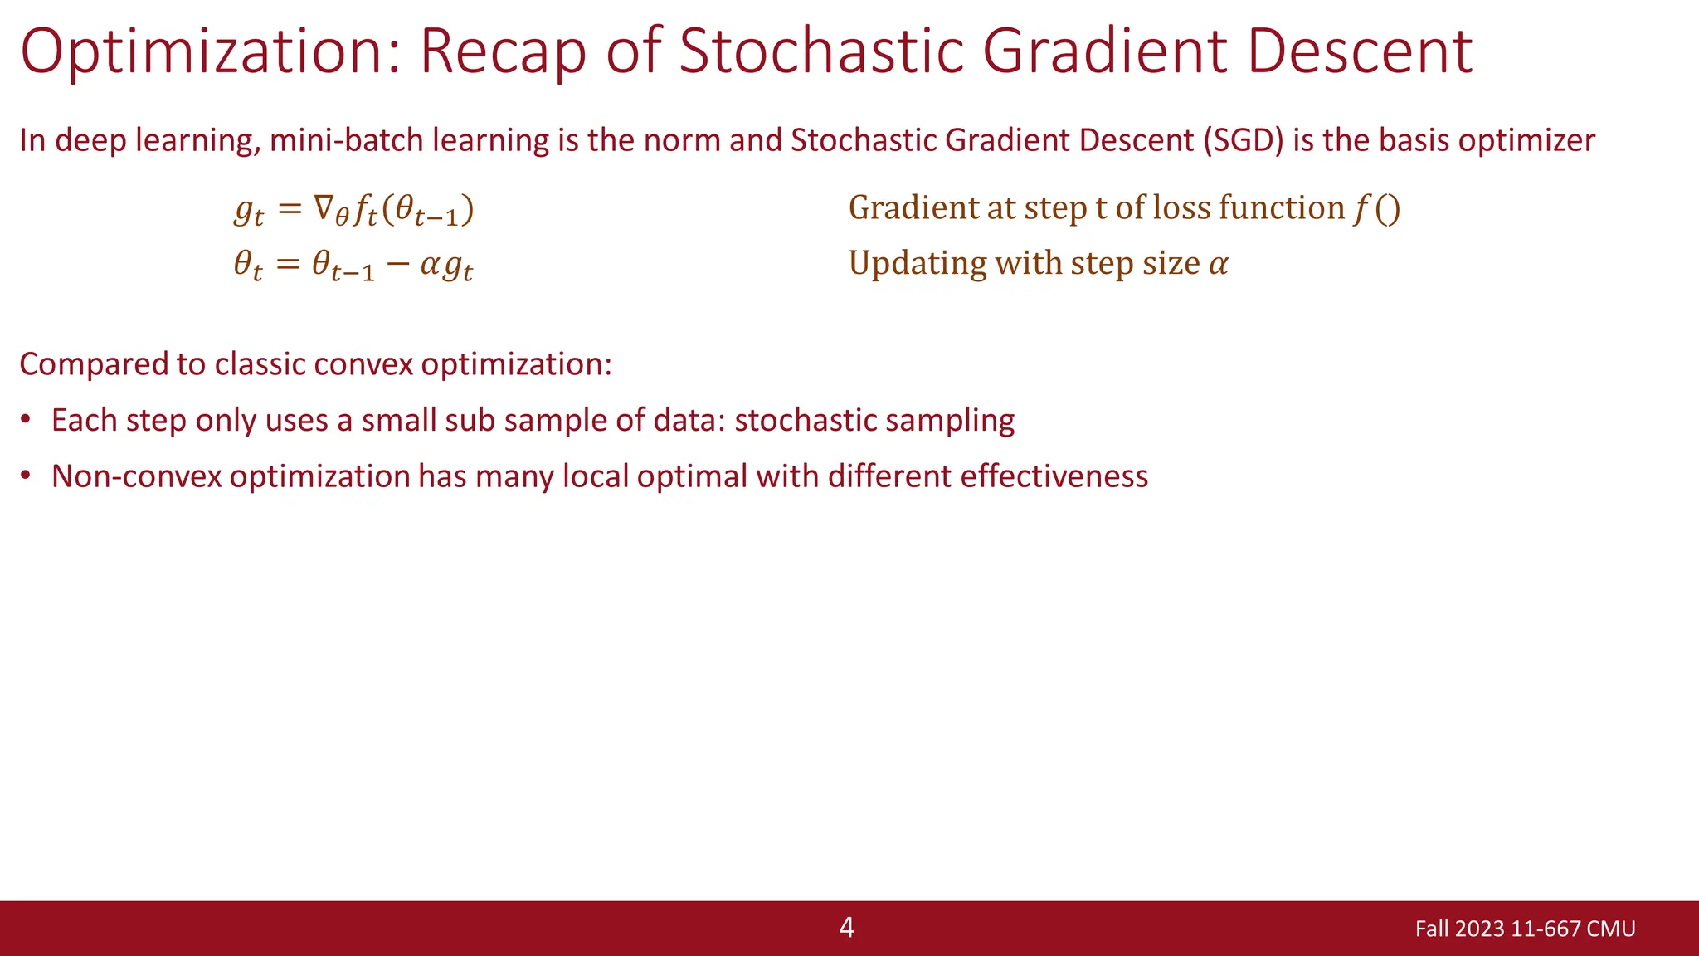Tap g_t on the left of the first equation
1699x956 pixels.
[x=248, y=211]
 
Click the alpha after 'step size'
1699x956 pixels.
[x=1218, y=264]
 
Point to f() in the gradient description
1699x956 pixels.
[x=1376, y=208]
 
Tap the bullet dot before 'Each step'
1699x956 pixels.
[x=27, y=419]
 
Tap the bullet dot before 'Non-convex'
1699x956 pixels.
[x=27, y=476]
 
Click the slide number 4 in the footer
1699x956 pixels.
[x=846, y=927]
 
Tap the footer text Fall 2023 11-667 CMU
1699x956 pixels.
[x=1525, y=929]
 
